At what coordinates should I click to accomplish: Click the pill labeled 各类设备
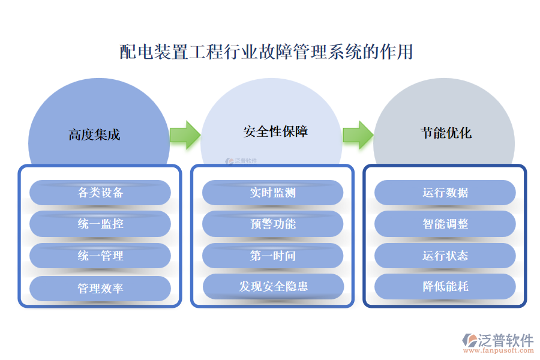click(x=100, y=193)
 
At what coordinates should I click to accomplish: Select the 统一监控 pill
click(x=100, y=224)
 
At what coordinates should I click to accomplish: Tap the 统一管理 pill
click(x=100, y=256)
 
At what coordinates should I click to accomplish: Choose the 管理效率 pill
click(x=100, y=288)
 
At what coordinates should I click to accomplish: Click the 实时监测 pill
click(x=272, y=193)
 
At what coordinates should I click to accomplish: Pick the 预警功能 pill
click(x=272, y=224)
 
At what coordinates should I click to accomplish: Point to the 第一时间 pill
click(x=272, y=256)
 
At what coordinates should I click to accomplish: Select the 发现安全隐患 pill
click(x=273, y=286)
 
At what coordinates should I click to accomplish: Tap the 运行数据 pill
click(x=445, y=193)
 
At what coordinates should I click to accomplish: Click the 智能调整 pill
click(x=445, y=224)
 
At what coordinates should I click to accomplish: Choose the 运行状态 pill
click(x=445, y=256)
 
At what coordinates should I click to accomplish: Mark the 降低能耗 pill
click(x=445, y=286)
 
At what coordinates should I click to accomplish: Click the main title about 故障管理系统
click(x=266, y=52)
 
